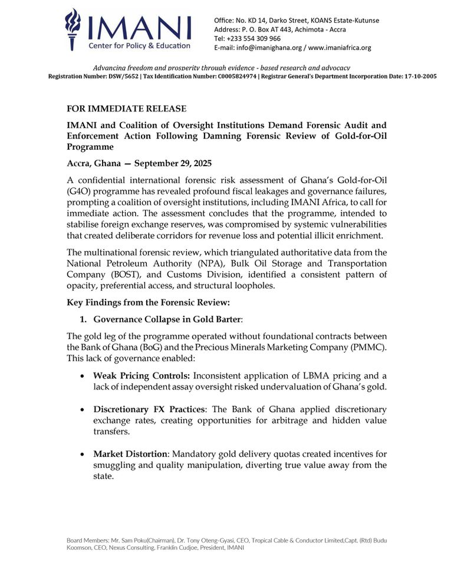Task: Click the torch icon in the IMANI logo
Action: (73, 28)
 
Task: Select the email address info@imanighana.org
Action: (271, 47)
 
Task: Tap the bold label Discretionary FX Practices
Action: (150, 409)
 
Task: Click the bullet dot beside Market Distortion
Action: (80, 454)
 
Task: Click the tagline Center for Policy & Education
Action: (139, 45)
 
